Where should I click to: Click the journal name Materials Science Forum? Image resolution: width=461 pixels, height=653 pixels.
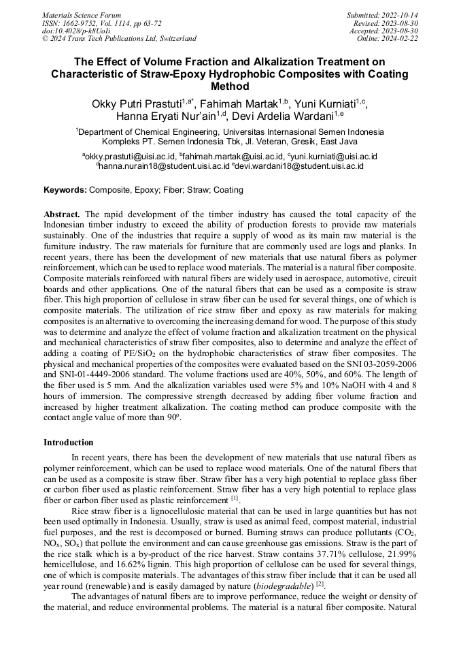tap(82, 14)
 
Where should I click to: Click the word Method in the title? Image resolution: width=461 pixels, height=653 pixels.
tap(230, 86)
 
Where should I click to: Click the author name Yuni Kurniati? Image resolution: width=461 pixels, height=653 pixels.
tap(326, 103)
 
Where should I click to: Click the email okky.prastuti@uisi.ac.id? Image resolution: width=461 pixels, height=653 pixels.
tap(129, 157)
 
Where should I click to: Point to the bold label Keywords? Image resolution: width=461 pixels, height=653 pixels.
tap(65, 190)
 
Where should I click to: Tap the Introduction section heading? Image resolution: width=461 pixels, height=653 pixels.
tap(69, 443)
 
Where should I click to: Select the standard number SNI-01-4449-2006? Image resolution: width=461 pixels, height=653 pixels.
tap(101, 374)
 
